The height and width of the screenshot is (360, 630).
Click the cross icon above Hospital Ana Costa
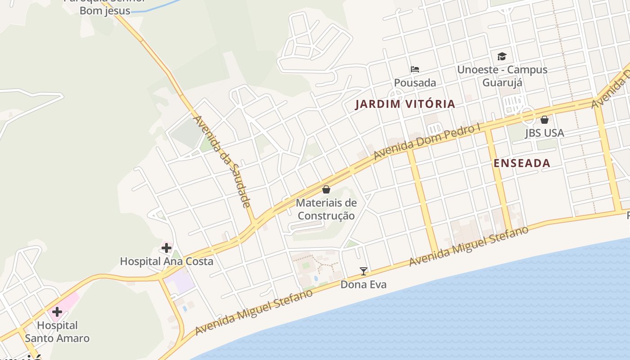(x=166, y=247)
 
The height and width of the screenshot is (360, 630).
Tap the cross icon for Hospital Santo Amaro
(x=57, y=311)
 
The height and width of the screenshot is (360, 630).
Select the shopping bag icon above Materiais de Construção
(x=326, y=189)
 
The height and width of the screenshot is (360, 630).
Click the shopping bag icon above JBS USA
(x=544, y=120)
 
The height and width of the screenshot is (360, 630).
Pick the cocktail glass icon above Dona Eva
(x=364, y=271)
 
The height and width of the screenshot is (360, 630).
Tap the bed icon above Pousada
(x=415, y=69)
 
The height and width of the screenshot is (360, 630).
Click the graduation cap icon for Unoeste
(x=502, y=56)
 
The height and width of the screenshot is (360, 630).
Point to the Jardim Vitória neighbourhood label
(x=405, y=104)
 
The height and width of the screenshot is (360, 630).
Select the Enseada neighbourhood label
(x=522, y=163)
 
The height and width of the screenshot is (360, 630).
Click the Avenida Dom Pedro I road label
(x=427, y=142)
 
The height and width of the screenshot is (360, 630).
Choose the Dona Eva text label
(x=363, y=284)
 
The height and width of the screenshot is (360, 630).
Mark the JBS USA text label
(x=544, y=133)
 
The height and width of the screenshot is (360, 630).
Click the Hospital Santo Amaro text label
(x=57, y=332)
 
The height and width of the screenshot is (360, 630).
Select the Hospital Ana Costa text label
(x=166, y=261)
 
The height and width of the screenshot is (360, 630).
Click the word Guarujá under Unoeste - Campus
(x=502, y=82)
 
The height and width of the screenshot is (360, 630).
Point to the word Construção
(x=326, y=216)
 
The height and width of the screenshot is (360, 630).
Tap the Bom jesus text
(x=105, y=11)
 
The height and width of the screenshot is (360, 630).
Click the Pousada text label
(x=415, y=83)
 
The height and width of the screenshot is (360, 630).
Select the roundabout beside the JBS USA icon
(x=528, y=115)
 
